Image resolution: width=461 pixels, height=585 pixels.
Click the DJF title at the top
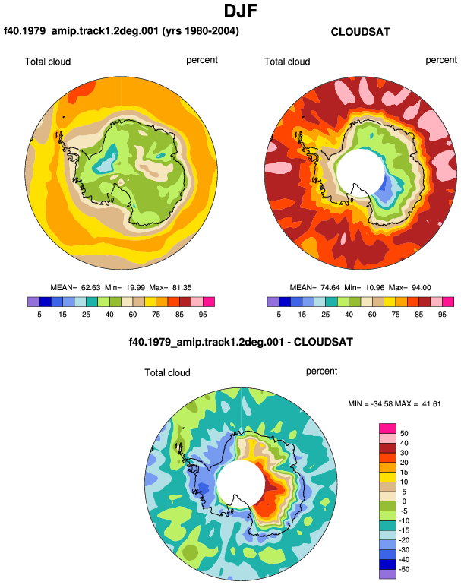pyautogui.click(x=241, y=11)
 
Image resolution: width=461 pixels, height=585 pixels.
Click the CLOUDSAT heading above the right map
pyautogui.click(x=360, y=32)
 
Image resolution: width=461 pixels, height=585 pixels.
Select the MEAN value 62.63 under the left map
pyautogui.click(x=90, y=288)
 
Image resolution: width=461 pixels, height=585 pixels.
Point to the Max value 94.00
pyautogui.click(x=421, y=288)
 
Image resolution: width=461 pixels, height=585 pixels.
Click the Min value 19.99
pyautogui.click(x=136, y=288)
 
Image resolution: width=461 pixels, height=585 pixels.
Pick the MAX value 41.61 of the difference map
pyautogui.click(x=431, y=403)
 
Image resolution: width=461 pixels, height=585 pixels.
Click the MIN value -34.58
pyautogui.click(x=381, y=403)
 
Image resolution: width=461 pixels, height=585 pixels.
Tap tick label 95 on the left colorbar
pyautogui.click(x=203, y=315)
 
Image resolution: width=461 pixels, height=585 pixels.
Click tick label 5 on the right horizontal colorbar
pyautogui.click(x=279, y=315)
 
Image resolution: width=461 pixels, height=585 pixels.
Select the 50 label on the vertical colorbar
pyautogui.click(x=404, y=434)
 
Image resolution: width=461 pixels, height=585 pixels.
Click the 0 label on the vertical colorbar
pyautogui.click(x=404, y=501)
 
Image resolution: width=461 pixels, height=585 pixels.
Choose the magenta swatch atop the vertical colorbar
pyautogui.click(x=387, y=428)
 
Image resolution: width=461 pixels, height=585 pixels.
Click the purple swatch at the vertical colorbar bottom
pyautogui.click(x=387, y=574)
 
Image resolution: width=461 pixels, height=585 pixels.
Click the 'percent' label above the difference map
pyautogui.click(x=321, y=372)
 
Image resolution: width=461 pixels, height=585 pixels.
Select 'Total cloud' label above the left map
pyautogui.click(x=48, y=62)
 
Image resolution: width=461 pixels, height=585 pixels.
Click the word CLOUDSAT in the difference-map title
pyautogui.click(x=323, y=342)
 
